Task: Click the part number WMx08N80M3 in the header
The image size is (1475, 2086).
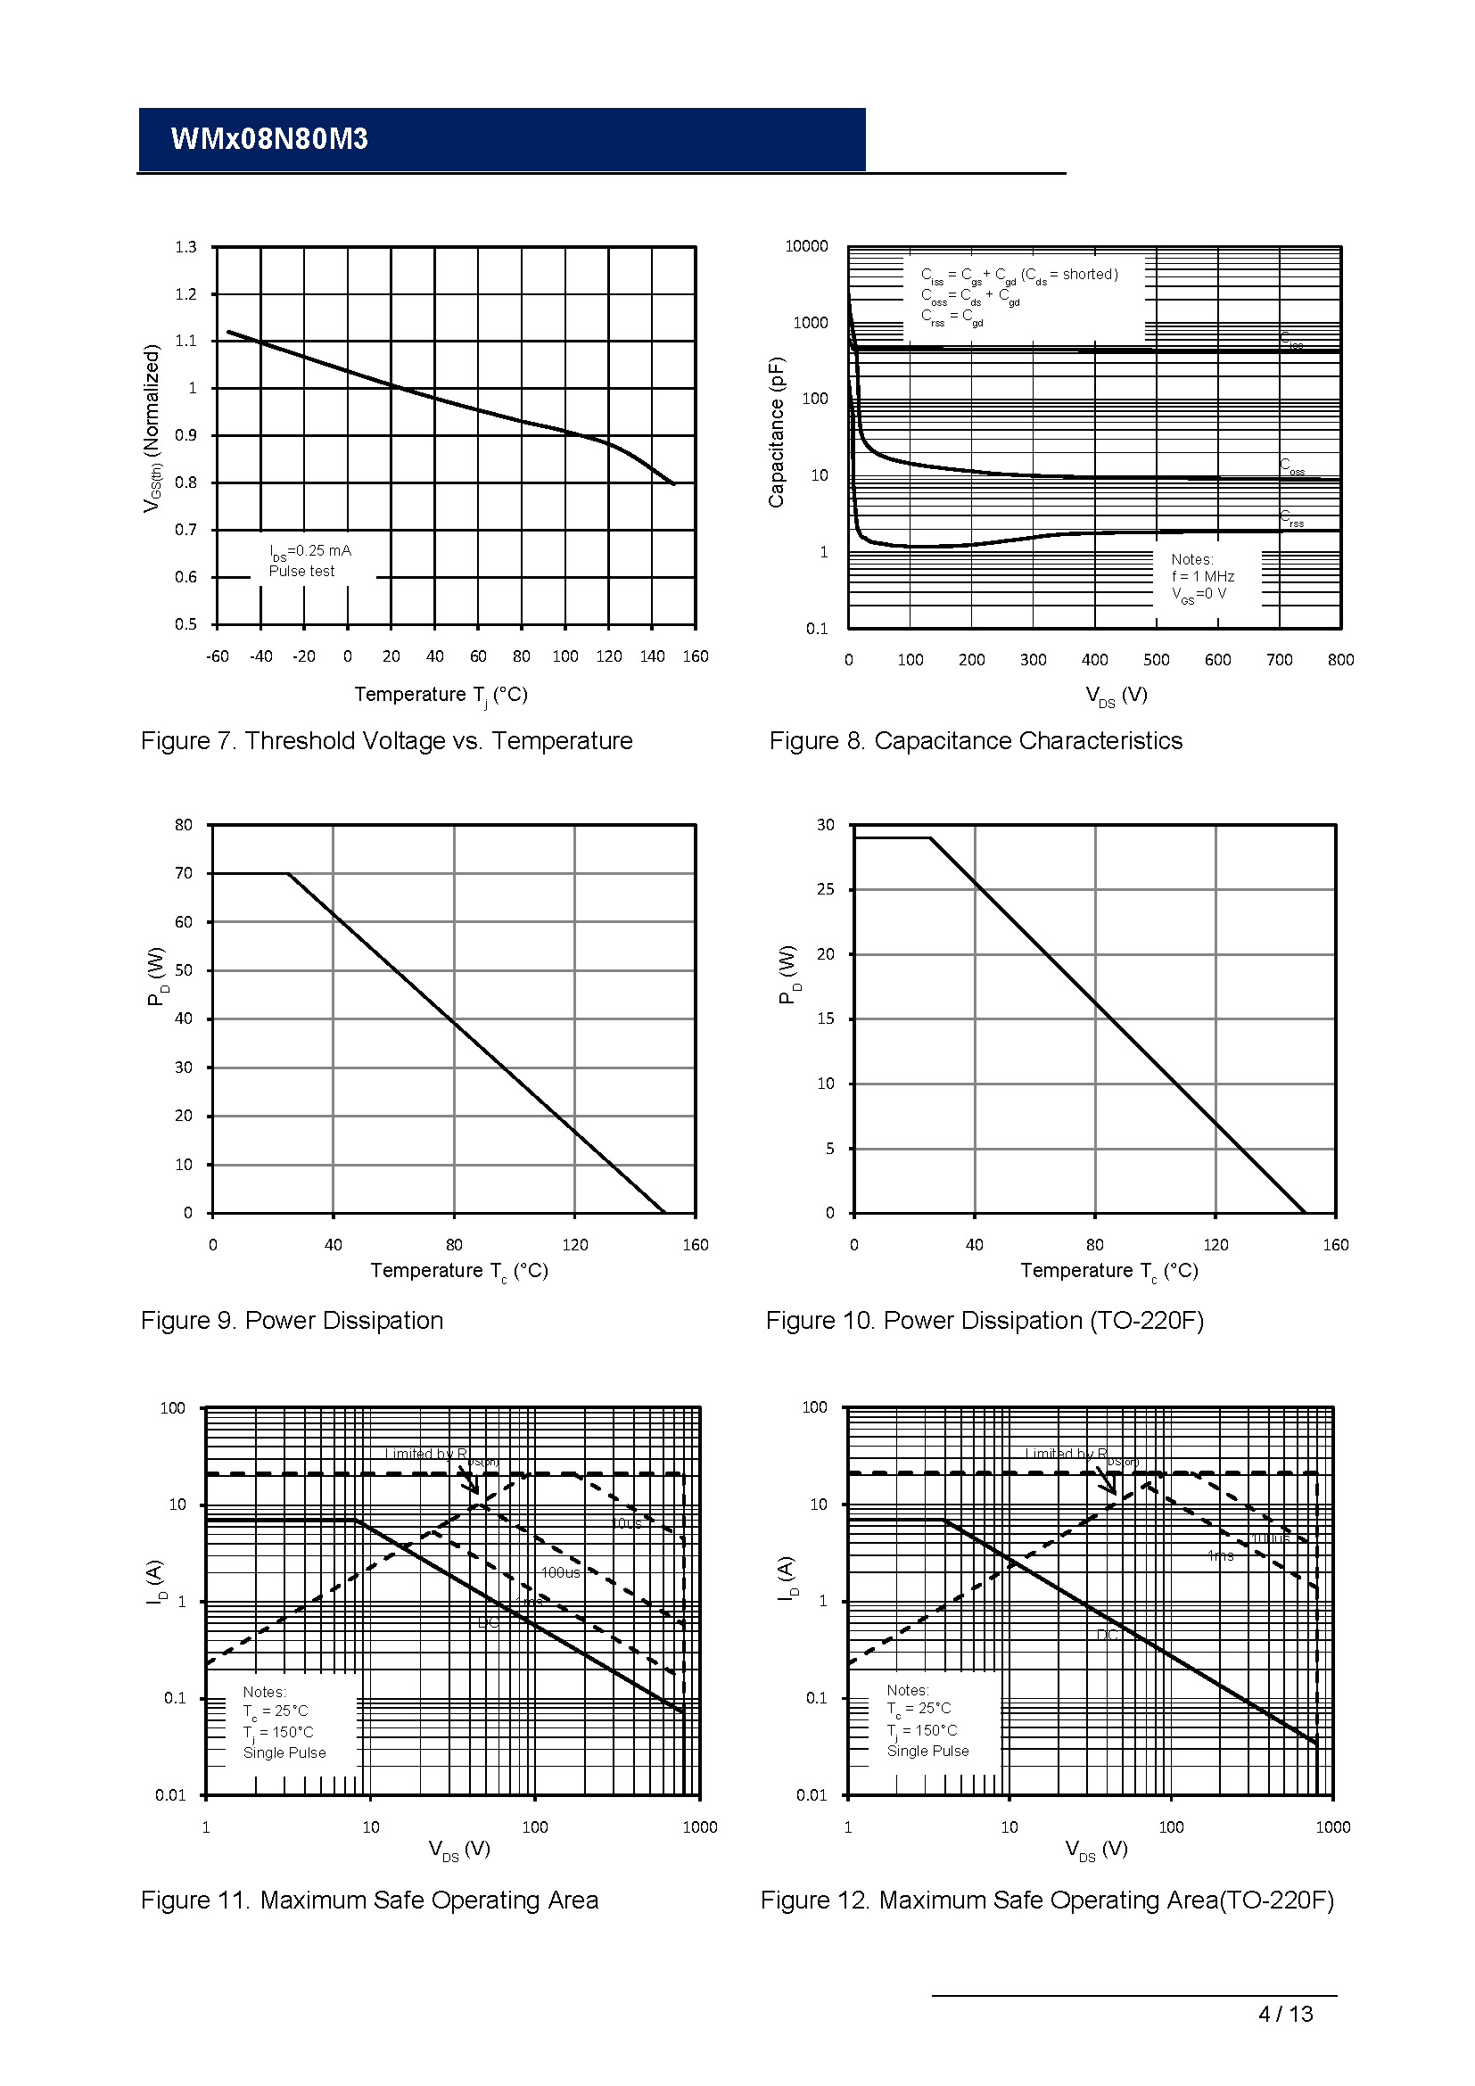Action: tap(268, 139)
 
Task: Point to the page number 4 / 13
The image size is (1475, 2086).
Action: tap(1285, 2014)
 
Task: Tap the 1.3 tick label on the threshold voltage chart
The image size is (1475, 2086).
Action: tap(185, 247)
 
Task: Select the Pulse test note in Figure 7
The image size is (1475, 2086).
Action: tap(301, 571)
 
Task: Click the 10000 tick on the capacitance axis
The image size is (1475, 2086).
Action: tap(806, 246)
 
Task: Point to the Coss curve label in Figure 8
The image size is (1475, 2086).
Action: tap(1291, 466)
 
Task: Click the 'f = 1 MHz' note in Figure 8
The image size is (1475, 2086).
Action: tap(1202, 576)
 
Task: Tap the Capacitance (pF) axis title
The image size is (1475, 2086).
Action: tap(776, 432)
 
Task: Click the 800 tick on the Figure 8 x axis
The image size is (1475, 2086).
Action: tap(1340, 660)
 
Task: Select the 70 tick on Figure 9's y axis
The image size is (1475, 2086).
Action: tap(184, 873)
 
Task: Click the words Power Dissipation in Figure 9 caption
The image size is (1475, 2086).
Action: tap(344, 1320)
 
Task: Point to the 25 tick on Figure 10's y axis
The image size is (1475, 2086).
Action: tap(825, 889)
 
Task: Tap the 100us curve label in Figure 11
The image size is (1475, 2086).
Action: tap(560, 1572)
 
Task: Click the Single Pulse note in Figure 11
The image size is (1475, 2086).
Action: tap(284, 1752)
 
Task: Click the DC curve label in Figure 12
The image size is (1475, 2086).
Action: tap(1108, 1635)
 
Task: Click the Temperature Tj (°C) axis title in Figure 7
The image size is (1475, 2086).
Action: tap(441, 695)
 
